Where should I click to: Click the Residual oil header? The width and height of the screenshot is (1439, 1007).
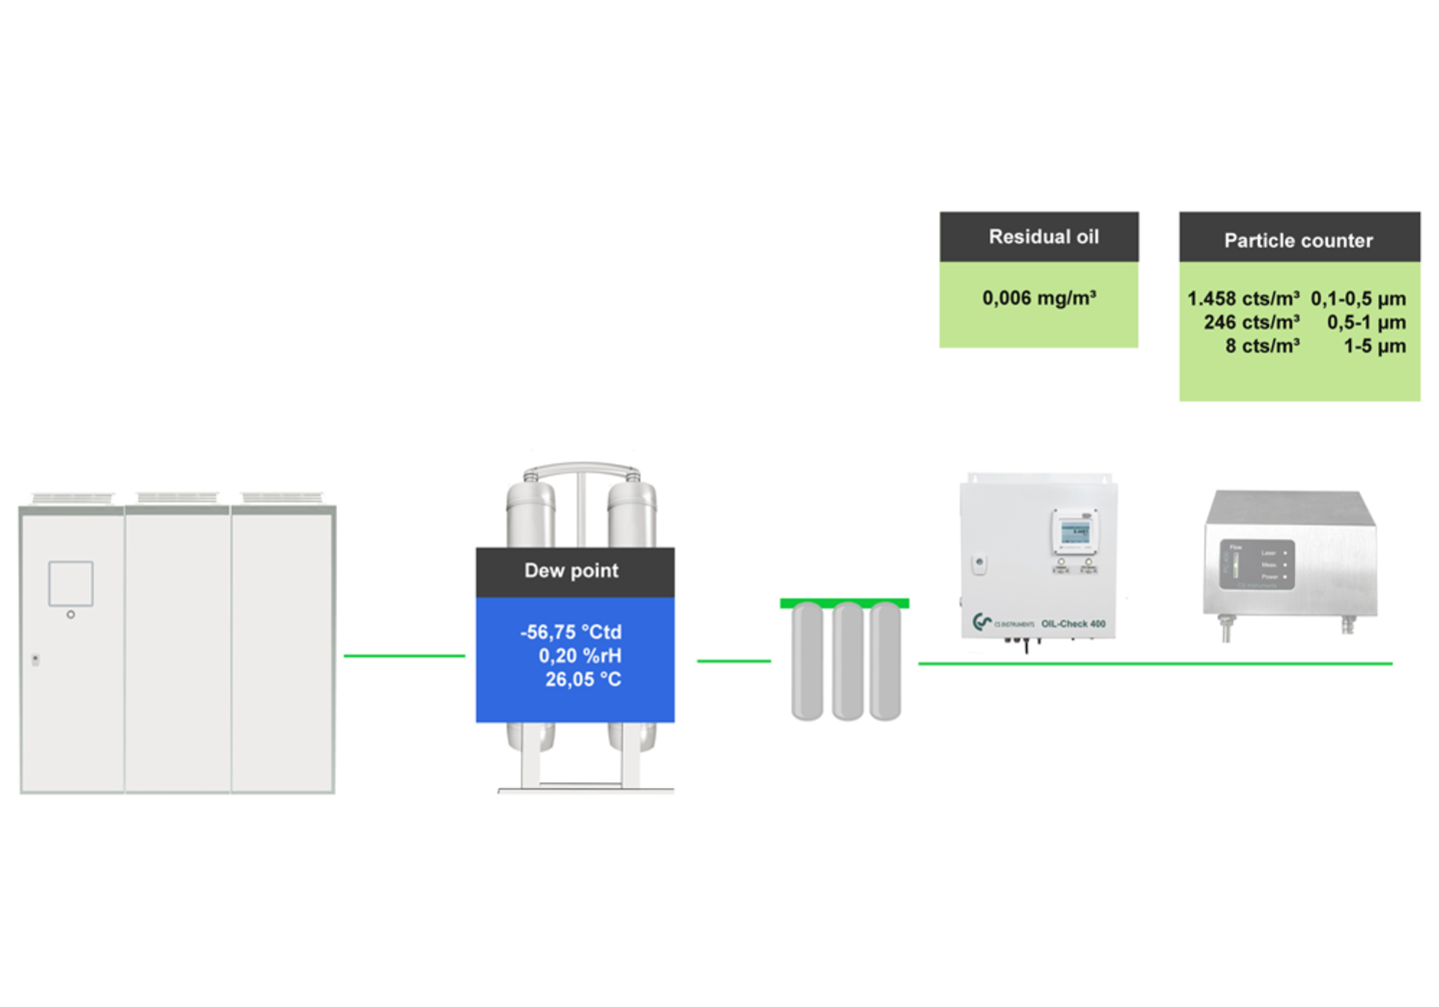[1043, 237]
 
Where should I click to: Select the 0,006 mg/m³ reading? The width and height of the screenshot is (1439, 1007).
[1039, 298]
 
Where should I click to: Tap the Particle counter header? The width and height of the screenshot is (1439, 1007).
[1298, 240]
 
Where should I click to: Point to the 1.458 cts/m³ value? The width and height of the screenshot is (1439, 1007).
[1243, 299]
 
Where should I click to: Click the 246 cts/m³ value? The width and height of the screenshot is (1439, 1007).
[1251, 322]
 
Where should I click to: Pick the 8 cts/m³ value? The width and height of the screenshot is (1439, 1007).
[1262, 346]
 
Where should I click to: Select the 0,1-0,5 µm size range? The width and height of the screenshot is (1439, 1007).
[1358, 299]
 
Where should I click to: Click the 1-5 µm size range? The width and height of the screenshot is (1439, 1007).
[1374, 346]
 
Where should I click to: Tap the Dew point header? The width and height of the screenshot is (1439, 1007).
[572, 570]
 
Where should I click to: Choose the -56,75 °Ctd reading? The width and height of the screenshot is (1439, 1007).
[571, 632]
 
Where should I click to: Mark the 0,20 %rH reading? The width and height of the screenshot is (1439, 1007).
[580, 655]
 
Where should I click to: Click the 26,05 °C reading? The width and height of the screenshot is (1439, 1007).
[583, 679]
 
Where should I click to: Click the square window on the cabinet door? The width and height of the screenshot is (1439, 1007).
[71, 583]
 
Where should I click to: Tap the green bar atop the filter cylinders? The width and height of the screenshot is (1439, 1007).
[844, 602]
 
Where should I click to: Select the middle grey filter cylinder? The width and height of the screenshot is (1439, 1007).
[847, 661]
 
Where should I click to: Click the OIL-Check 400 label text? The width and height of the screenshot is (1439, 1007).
[1073, 623]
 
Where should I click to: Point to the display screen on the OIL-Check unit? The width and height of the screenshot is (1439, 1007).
[1074, 531]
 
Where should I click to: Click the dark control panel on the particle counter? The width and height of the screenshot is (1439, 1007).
[1257, 563]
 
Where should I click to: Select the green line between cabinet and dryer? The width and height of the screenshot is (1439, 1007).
[405, 655]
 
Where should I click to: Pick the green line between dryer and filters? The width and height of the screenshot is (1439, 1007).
[733, 660]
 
